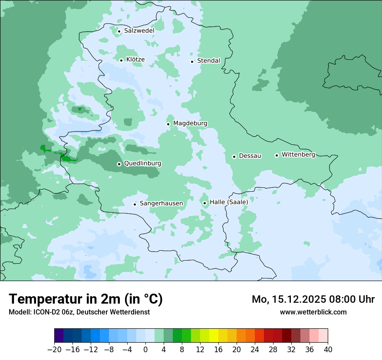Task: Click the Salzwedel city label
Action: pyautogui.click(x=139, y=31)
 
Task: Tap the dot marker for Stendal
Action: pyautogui.click(x=192, y=61)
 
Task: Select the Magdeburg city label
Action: pyautogui.click(x=190, y=124)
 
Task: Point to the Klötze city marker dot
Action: pyautogui.click(x=121, y=60)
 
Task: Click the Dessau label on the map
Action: pyautogui.click(x=250, y=156)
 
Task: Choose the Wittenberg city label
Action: pyautogui.click(x=298, y=155)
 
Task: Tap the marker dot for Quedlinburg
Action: pyautogui.click(x=119, y=164)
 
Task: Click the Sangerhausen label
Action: pyautogui.click(x=161, y=203)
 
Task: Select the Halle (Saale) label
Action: pyautogui.click(x=229, y=202)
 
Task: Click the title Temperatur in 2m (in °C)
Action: pyautogui.click(x=86, y=299)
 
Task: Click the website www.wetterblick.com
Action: pyautogui.click(x=313, y=312)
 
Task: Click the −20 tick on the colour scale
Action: pyautogui.click(x=54, y=350)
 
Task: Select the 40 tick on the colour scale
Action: pyautogui.click(x=328, y=350)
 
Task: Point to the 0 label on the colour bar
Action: pyautogui.click(x=145, y=350)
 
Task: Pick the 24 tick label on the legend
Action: pyautogui.click(x=255, y=350)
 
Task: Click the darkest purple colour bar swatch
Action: pyautogui.click(x=59, y=336)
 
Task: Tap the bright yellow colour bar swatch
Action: pyautogui.click(x=214, y=336)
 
